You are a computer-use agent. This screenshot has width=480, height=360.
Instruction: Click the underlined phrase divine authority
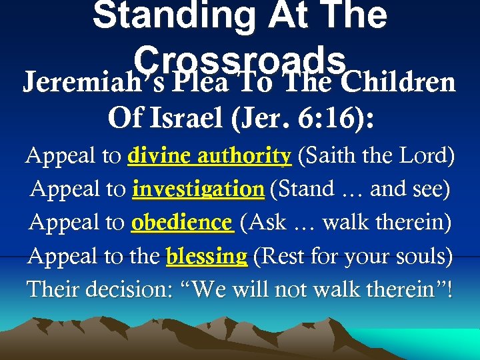pyautogui.click(x=209, y=156)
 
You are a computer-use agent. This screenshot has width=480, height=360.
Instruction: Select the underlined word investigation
pyautogui.click(x=198, y=189)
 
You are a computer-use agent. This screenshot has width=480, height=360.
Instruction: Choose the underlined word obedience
pyautogui.click(x=182, y=223)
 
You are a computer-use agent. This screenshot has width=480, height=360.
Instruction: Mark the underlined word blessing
pyautogui.click(x=207, y=256)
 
